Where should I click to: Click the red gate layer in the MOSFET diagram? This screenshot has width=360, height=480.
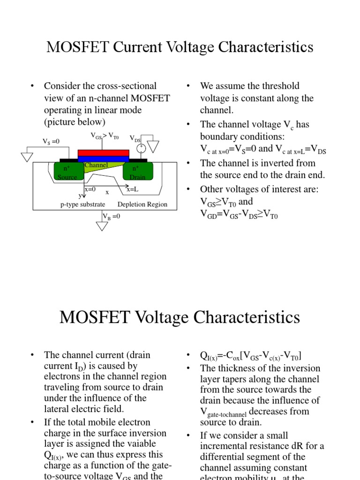pos(103,153)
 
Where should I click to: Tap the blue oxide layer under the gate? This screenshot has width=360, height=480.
pos(103,159)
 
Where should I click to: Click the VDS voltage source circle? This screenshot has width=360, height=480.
pos(141,149)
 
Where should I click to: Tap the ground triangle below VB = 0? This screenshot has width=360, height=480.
pos(102,226)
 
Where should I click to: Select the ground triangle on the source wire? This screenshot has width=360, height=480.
pos(28,157)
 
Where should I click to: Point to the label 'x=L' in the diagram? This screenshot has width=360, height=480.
pos(133,189)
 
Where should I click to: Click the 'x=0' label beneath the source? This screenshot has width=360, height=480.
pos(90,189)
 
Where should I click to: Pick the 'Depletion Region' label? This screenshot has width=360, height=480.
pos(142,204)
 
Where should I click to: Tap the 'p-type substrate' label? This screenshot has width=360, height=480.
pos(82,204)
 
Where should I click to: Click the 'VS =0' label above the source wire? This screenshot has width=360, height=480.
pos(51,141)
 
